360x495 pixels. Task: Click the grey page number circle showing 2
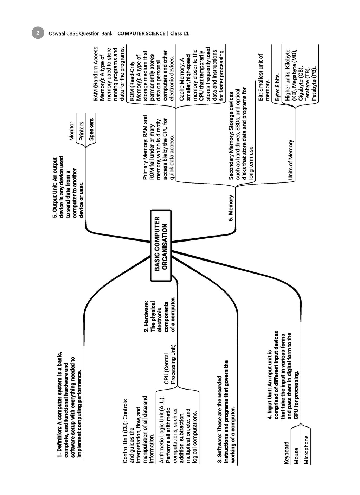pyautogui.click(x=38, y=33)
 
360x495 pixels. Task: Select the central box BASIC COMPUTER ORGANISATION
pyautogui.click(x=161, y=245)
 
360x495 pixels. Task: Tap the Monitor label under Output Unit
pyautogui.click(x=72, y=131)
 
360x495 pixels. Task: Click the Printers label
pyautogui.click(x=81, y=131)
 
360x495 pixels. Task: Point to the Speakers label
pyautogui.click(x=91, y=129)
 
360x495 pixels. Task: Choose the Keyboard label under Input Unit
pyautogui.click(x=287, y=453)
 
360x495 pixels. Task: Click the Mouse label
pyautogui.click(x=296, y=456)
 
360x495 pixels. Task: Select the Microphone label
pyautogui.click(x=306, y=450)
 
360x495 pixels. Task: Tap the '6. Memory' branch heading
pyautogui.click(x=231, y=208)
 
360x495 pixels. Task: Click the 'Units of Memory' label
pyautogui.click(x=291, y=160)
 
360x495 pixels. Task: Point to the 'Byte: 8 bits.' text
pyautogui.click(x=278, y=86)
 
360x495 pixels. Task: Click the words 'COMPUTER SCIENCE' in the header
pyautogui.click(x=141, y=33)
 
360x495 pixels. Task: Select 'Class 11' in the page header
pyautogui.click(x=179, y=33)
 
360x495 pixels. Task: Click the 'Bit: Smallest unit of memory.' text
pyautogui.click(x=264, y=77)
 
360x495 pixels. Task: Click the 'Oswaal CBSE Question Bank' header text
pyautogui.click(x=81, y=33)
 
